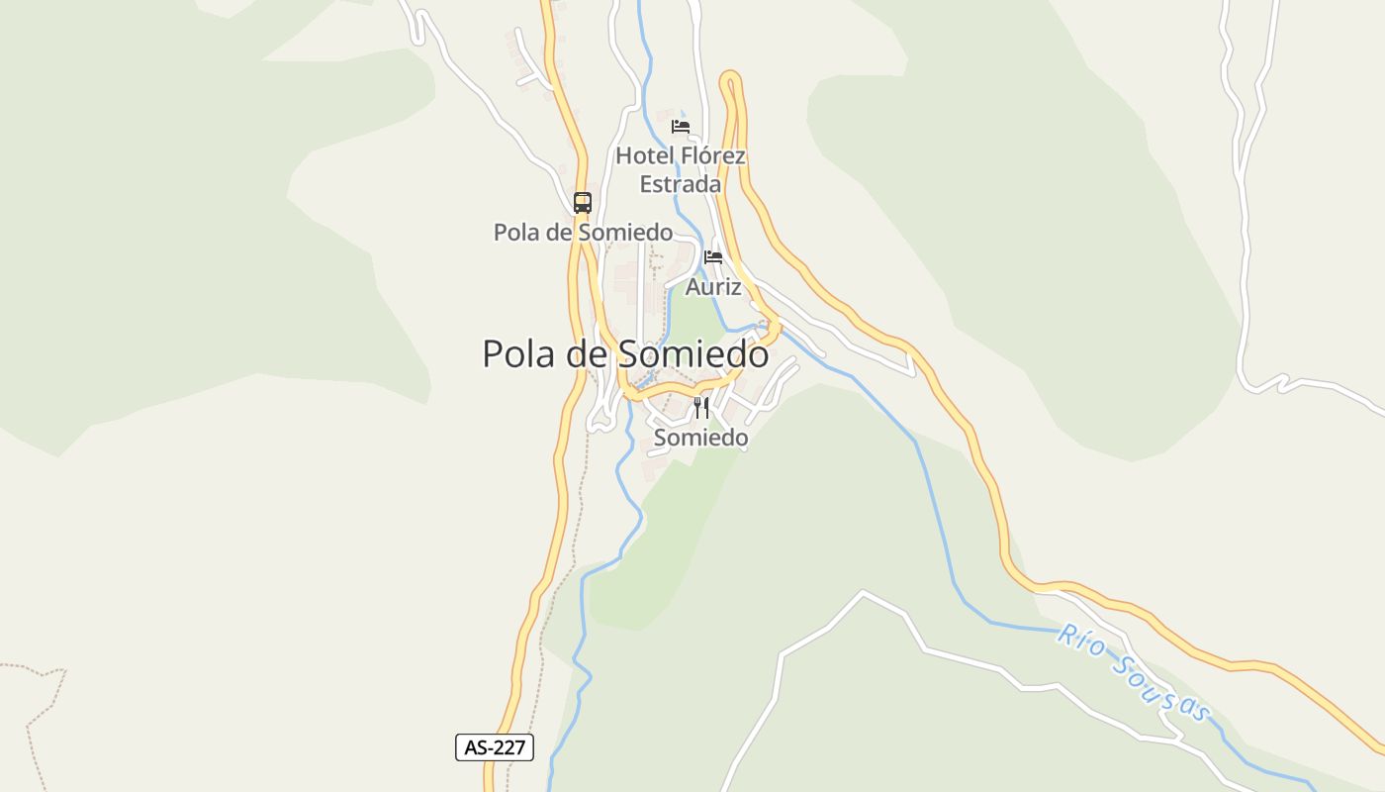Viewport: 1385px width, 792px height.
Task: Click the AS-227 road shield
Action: [x=495, y=747]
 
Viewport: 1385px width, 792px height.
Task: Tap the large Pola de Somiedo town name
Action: [x=625, y=353]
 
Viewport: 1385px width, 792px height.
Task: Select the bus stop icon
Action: [x=583, y=203]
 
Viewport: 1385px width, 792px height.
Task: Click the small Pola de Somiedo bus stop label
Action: [x=583, y=233]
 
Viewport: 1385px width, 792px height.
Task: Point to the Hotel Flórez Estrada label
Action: [x=681, y=169]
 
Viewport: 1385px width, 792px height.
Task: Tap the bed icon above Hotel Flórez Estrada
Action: [x=681, y=126]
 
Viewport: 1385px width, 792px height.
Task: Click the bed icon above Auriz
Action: [x=713, y=257]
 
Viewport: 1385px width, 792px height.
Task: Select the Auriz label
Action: [x=713, y=287]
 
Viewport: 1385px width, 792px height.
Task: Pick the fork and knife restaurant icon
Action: [x=701, y=407]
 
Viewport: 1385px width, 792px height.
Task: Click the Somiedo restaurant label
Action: [x=701, y=437]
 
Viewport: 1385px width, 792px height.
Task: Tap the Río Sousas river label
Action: [x=1134, y=673]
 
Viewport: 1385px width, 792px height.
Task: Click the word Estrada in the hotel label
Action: [x=681, y=184]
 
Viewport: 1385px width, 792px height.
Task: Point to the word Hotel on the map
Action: [x=645, y=155]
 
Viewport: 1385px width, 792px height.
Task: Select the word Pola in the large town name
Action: [x=519, y=353]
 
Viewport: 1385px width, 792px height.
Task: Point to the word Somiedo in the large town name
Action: [x=692, y=353]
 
